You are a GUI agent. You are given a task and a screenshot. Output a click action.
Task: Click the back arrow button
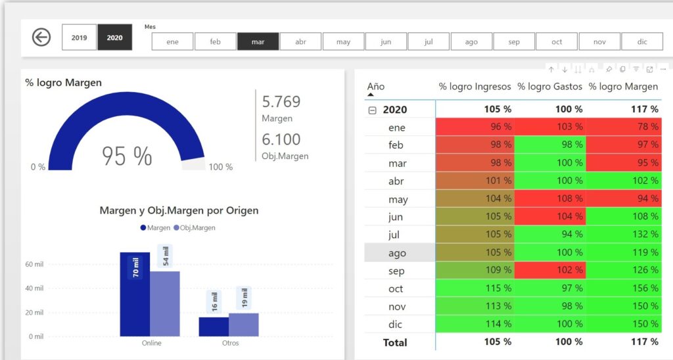(x=41, y=37)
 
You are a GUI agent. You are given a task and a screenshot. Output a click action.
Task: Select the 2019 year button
(x=79, y=38)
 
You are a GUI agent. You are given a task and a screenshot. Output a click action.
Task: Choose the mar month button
(x=258, y=42)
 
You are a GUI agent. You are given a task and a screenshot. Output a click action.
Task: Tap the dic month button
(x=642, y=42)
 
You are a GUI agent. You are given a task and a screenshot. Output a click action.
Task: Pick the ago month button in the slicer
(x=471, y=42)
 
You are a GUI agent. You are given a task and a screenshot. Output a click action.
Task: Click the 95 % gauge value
(x=127, y=156)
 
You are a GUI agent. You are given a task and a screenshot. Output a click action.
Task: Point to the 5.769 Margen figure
(x=281, y=102)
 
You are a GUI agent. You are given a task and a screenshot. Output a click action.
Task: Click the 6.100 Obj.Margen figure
(x=281, y=139)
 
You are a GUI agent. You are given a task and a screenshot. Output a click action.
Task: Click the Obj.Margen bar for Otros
(x=243, y=325)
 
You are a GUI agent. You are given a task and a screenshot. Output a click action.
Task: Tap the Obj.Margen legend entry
(x=194, y=227)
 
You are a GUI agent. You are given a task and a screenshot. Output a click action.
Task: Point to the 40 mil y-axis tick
(x=34, y=288)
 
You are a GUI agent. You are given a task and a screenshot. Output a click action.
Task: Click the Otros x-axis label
(x=230, y=343)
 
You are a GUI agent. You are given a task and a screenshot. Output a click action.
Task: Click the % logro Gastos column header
(x=549, y=87)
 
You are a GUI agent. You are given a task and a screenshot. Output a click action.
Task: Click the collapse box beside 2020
(x=373, y=110)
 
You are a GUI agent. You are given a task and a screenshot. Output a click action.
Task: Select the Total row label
(x=395, y=342)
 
